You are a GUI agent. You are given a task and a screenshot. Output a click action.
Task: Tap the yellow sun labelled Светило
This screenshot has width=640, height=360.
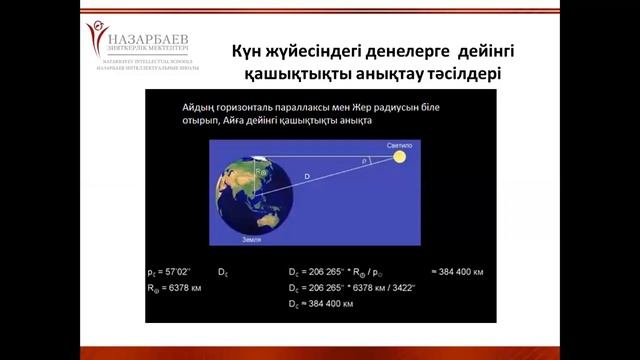[x=400, y=157]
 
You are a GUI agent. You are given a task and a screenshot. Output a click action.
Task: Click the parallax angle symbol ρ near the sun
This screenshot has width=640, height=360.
[x=365, y=158]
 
